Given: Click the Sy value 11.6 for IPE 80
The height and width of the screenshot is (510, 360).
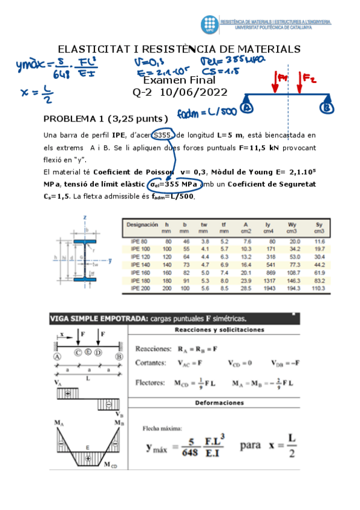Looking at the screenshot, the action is [319, 240].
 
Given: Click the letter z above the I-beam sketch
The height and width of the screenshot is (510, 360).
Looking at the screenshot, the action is [87, 217].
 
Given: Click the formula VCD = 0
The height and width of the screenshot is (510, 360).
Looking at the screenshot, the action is [240, 363].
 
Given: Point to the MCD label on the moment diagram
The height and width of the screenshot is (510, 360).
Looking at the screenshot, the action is [111, 464].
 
